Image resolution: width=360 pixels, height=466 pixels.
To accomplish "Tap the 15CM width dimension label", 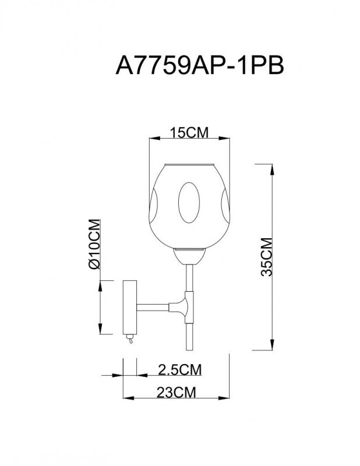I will coord(189,133).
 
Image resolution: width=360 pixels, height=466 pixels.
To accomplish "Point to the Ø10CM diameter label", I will coord(95,243).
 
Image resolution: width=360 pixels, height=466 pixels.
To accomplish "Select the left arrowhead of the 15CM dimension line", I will coord(152,139).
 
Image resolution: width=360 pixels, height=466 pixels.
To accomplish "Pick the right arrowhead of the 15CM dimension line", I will coord(225,139).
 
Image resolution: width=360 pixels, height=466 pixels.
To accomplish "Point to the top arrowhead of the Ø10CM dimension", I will coord(103,283).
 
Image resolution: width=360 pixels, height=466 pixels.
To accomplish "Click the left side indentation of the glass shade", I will coord(155,204).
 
